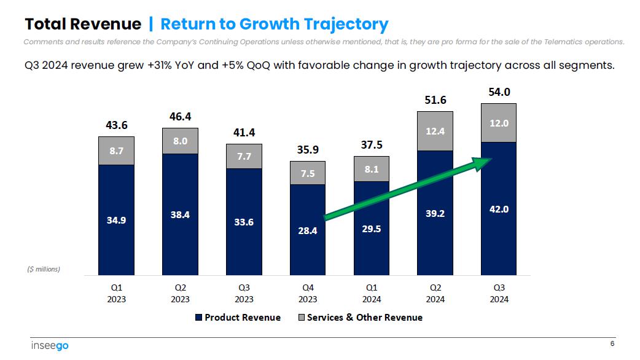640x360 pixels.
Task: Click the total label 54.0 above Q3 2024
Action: pyautogui.click(x=499, y=92)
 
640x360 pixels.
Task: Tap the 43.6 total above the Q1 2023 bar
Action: pyautogui.click(x=116, y=125)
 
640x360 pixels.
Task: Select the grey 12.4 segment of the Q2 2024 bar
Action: pyautogui.click(x=435, y=130)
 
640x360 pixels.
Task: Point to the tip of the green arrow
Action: pyautogui.click(x=493, y=160)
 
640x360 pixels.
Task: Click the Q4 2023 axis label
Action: pyautogui.click(x=308, y=293)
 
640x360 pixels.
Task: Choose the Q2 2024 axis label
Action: pyautogui.click(x=435, y=293)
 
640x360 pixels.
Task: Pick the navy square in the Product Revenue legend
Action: pyautogui.click(x=198, y=318)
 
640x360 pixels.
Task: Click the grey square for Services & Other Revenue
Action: pyautogui.click(x=301, y=318)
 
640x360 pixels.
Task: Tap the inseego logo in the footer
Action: pyautogui.click(x=50, y=346)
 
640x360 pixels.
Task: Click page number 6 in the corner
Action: pyautogui.click(x=612, y=343)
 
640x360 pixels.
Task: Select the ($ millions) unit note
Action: pyautogui.click(x=43, y=269)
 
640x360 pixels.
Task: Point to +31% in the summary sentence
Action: pyautogui.click(x=160, y=65)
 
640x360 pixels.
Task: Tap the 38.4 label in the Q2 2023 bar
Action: pyautogui.click(x=180, y=215)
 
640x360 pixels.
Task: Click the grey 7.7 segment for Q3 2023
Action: pyautogui.click(x=244, y=157)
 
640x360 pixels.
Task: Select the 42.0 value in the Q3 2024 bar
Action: pyautogui.click(x=499, y=209)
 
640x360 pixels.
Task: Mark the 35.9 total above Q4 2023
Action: pyautogui.click(x=308, y=150)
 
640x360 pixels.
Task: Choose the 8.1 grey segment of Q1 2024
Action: pyautogui.click(x=371, y=169)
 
